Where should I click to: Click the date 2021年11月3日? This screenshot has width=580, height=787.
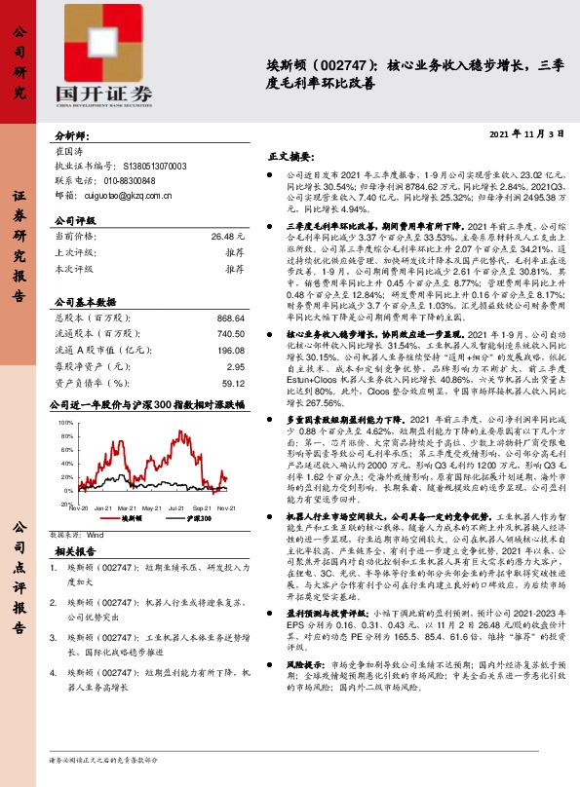tap(528, 132)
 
